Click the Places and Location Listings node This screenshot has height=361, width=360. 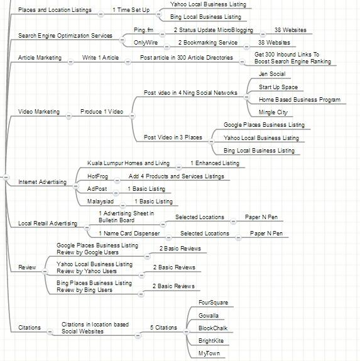(x=55, y=10)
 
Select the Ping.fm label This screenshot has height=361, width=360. (x=143, y=30)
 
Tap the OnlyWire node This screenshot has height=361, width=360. (x=146, y=43)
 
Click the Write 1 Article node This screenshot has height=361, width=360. (x=101, y=58)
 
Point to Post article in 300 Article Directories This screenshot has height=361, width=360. (x=187, y=58)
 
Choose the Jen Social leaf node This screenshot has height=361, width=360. (x=272, y=74)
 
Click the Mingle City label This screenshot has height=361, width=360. (x=273, y=112)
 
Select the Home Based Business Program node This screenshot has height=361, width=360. (x=300, y=100)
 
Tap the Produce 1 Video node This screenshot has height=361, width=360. (x=102, y=112)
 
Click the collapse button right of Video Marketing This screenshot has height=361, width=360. (x=68, y=116)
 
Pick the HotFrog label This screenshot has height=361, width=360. (x=97, y=176)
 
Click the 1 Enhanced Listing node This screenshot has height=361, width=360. (x=215, y=163)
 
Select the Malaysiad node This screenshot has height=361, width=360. (x=101, y=202)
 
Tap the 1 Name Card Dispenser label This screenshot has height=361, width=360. (x=129, y=234)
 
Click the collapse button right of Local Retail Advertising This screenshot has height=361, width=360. (x=87, y=228)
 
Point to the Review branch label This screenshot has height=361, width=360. (x=27, y=267)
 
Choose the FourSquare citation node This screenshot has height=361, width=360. (x=213, y=303)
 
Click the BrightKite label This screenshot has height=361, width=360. (x=211, y=341)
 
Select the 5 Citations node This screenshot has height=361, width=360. (x=163, y=328)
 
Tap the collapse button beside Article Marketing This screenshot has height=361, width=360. (x=70, y=62)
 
